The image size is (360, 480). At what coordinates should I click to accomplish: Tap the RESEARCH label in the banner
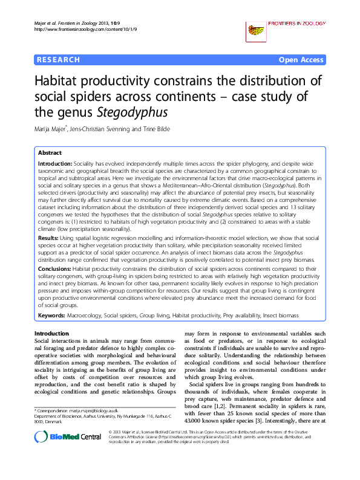coord(59,60)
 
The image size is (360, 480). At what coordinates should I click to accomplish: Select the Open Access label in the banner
coord(301,60)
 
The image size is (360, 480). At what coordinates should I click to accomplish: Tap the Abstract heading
coord(50,154)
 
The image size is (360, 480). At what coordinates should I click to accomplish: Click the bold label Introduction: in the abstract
coord(55,164)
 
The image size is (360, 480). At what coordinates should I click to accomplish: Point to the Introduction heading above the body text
coord(52,334)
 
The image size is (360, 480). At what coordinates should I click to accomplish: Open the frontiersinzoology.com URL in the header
coord(82,29)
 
